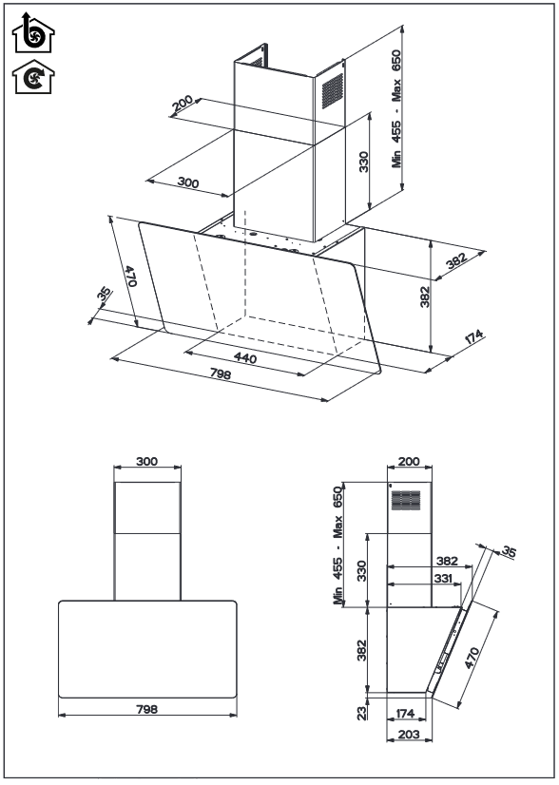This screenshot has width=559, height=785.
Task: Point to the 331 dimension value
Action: click(442, 578)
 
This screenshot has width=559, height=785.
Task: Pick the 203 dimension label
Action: click(409, 734)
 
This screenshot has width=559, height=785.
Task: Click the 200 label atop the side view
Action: click(409, 461)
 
